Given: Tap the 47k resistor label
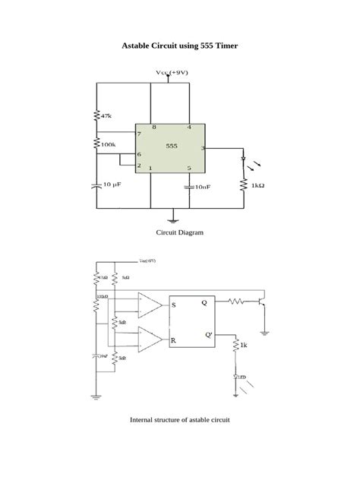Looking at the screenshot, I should (106, 116).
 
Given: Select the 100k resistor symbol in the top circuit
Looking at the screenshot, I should (96, 143).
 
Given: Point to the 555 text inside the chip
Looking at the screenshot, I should (172, 145).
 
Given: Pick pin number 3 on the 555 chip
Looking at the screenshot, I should (202, 147).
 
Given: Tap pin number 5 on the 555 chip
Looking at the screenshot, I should (188, 168).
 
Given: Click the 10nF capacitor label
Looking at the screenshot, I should (200, 185).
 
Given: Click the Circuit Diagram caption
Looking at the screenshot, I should (180, 232).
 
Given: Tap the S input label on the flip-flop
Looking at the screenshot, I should (174, 305).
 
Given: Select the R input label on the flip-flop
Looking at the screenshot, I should (174, 341).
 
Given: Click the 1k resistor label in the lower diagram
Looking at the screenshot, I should (243, 346).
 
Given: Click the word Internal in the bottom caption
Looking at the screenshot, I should (142, 419).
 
